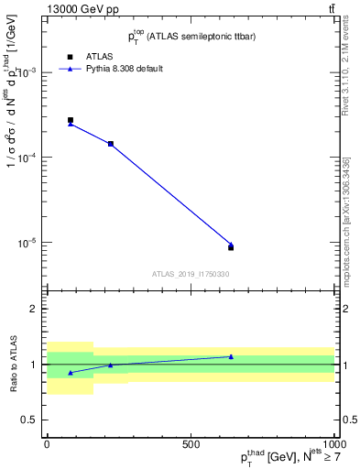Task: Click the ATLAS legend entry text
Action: pyautogui.click(x=99, y=56)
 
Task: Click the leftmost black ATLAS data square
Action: pyautogui.click(x=71, y=120)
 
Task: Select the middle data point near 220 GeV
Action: pyautogui.click(x=111, y=144)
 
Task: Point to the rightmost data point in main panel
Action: pyautogui.click(x=231, y=246)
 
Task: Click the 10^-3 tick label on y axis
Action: pyautogui.click(x=32, y=72)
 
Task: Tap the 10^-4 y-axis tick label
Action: pyautogui.click(x=32, y=158)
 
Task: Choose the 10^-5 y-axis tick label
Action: pyautogui.click(x=32, y=243)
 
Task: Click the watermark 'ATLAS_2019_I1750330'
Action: pyautogui.click(x=191, y=274)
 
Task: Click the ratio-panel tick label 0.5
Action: pyautogui.click(x=33, y=420)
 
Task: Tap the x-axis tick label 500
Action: pyautogui.click(x=191, y=444)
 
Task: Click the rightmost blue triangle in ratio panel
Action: pyautogui.click(x=231, y=356)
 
